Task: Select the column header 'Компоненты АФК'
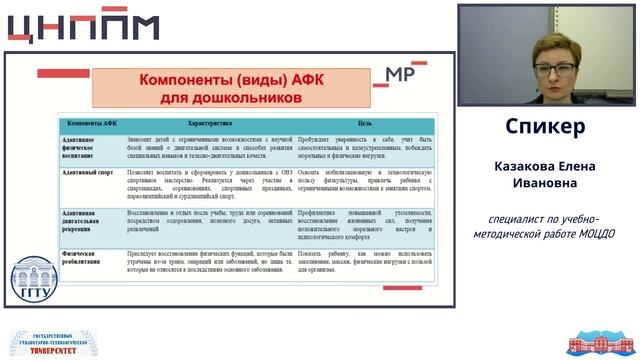coord(93,123)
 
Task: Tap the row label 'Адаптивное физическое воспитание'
coord(86,147)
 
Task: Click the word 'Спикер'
coord(545,127)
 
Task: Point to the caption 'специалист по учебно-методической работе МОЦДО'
coord(544,225)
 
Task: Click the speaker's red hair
coord(555,45)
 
